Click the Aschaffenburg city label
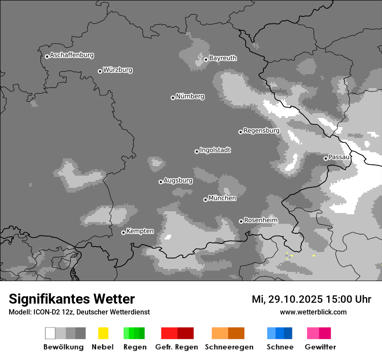72,55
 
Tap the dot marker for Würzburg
100,71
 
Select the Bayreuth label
223,58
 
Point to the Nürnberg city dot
173,98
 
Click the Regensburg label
261,131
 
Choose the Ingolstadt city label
215,150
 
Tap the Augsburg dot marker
161,182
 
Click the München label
222,198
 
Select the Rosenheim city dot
241,221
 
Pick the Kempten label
140,231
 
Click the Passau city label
339,157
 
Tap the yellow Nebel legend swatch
103,333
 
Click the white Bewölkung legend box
50,333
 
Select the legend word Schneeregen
229,347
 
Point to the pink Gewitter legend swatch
313,333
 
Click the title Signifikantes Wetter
72,299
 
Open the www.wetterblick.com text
313,312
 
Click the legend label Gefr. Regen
176,347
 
